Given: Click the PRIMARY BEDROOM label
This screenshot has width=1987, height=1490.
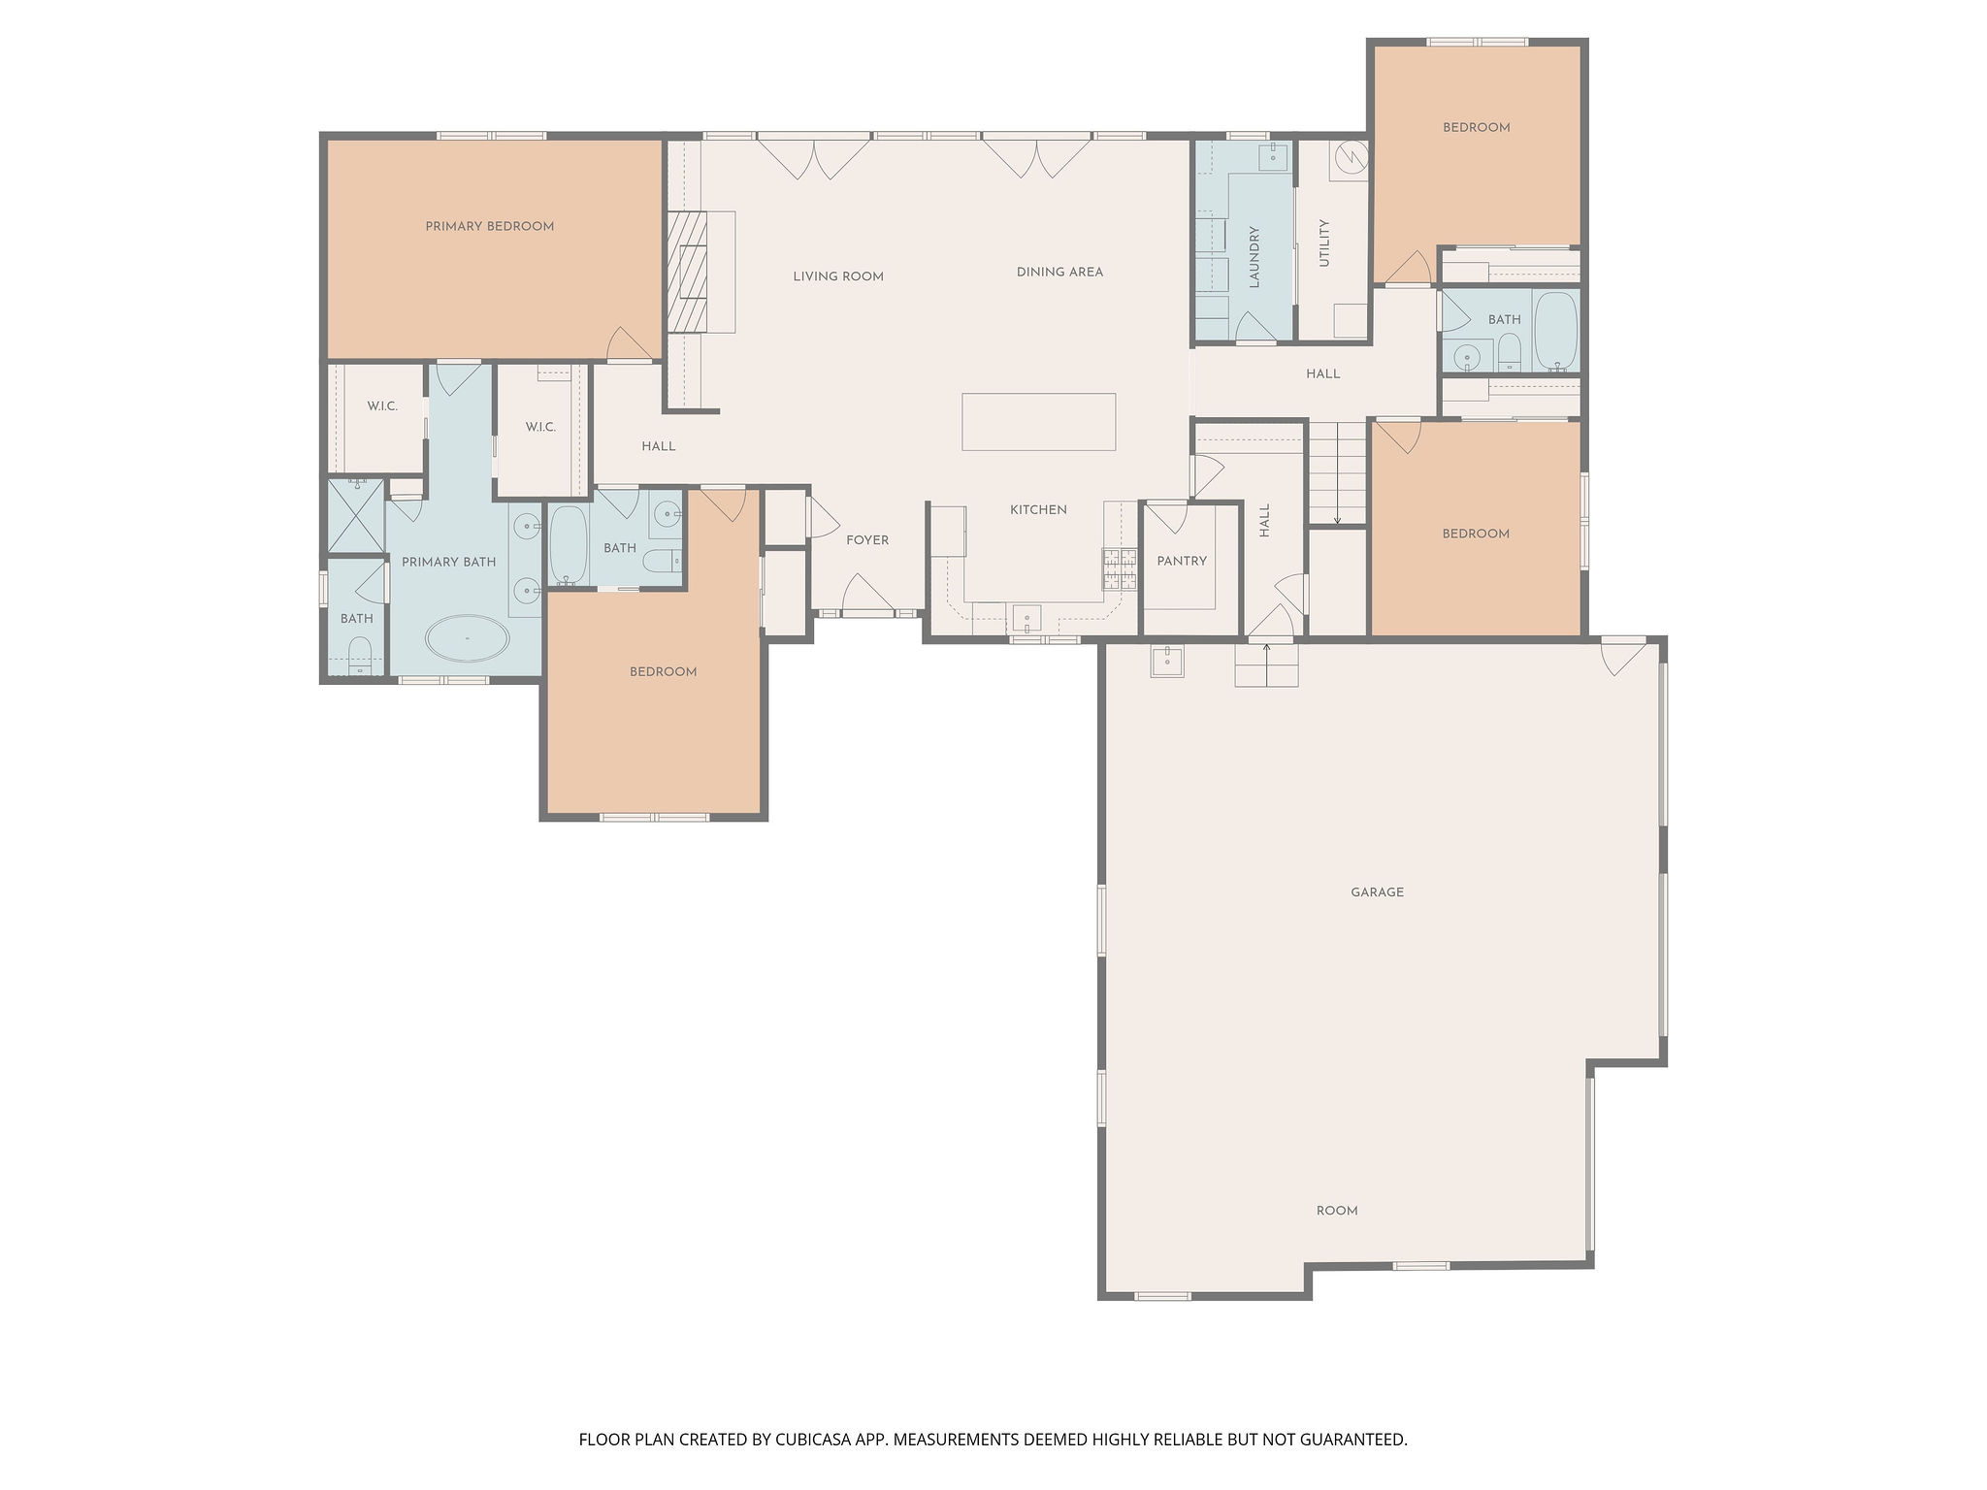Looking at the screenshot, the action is [490, 227].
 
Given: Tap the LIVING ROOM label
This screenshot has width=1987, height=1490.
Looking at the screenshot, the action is [838, 276].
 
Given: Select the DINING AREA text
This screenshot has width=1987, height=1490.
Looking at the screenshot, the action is [1059, 273].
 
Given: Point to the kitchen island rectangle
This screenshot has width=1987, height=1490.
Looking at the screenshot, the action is [1038, 422].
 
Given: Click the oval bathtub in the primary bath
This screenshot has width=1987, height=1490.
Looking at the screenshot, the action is [467, 638].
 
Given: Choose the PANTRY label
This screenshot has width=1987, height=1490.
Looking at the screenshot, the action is [1182, 562].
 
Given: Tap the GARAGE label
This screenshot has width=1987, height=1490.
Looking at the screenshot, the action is [1377, 892].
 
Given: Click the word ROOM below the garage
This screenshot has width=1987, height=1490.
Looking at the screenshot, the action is [1336, 1211].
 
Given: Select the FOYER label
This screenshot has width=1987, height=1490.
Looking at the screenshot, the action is [867, 540].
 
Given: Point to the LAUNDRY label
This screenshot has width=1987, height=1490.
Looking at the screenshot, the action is [1254, 257].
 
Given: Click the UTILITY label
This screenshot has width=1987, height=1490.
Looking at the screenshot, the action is [1324, 243].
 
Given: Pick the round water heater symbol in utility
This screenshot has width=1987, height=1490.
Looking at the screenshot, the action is [1351, 156].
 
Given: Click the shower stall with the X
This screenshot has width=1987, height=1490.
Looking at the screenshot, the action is [354, 515].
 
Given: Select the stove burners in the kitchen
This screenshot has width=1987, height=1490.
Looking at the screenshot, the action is [1119, 569].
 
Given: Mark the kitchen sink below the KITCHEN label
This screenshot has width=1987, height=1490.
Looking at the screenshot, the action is [1026, 618].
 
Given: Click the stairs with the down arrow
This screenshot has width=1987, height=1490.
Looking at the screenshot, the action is [1336, 473].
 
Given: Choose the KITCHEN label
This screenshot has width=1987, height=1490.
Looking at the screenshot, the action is [1038, 510].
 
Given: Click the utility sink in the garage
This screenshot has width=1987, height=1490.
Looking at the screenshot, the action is [1167, 662].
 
